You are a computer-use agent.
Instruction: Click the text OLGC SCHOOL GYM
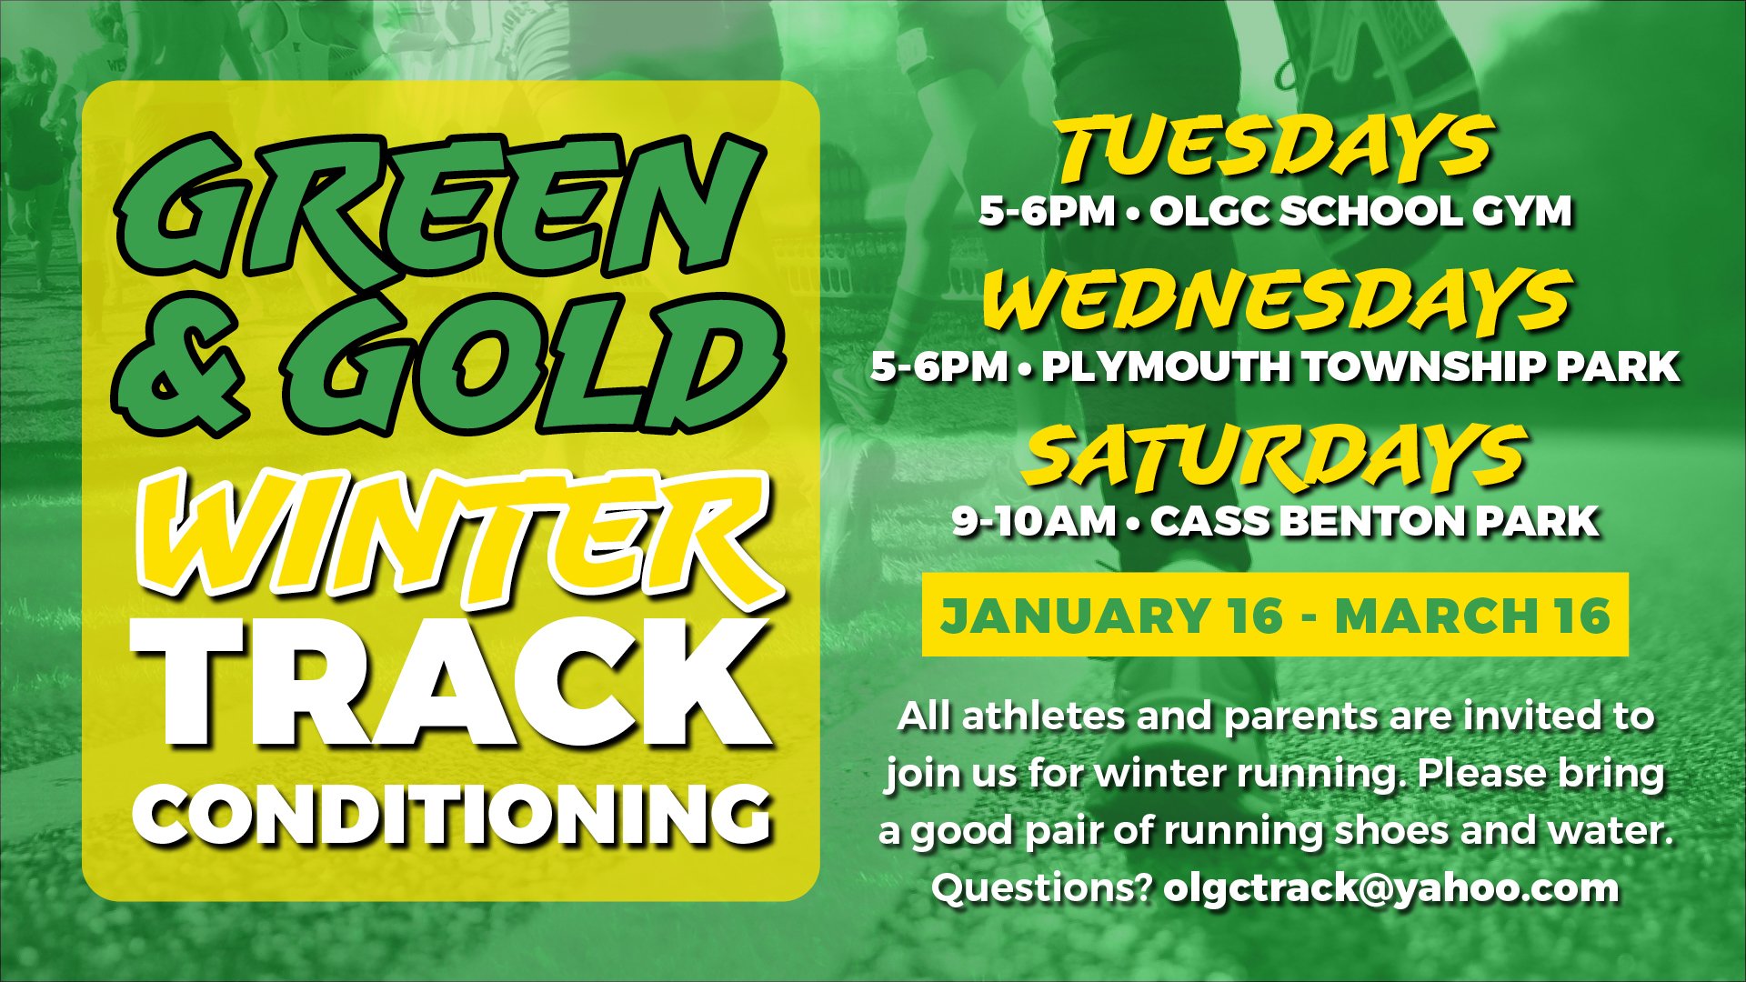click(x=1360, y=212)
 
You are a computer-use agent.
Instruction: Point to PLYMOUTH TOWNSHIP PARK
click(x=1360, y=366)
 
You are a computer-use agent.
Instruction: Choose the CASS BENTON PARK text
click(x=1374, y=521)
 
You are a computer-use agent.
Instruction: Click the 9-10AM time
click(x=1034, y=521)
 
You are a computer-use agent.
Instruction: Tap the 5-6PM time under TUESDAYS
click(x=1047, y=212)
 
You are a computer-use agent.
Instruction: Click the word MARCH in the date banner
click(x=1437, y=616)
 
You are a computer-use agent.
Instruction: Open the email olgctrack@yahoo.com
click(x=1391, y=889)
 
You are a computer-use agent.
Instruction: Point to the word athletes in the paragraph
click(x=1042, y=716)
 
